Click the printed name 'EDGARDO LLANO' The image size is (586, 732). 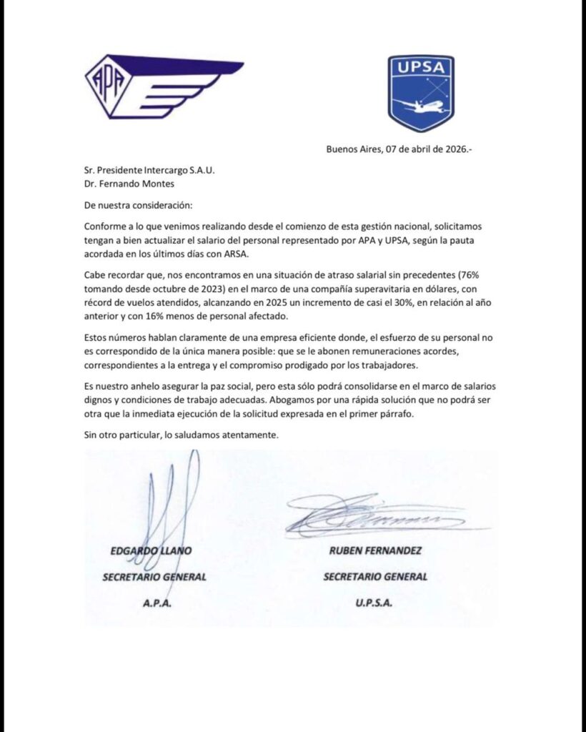point(151,551)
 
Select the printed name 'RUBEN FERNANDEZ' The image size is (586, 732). point(375,551)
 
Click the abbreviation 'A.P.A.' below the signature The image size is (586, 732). point(155,603)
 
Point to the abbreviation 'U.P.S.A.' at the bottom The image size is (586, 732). point(375,603)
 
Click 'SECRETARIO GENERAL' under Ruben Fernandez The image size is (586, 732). point(375,576)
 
